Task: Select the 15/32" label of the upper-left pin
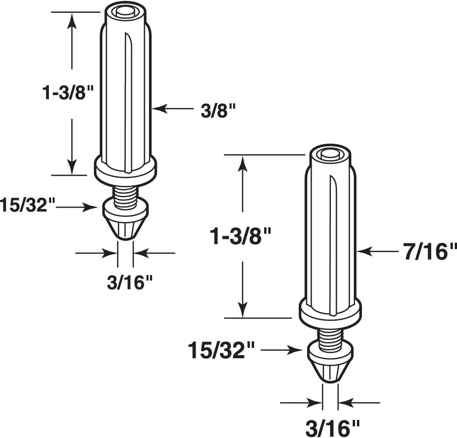click(27, 205)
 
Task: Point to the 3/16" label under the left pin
click(129, 283)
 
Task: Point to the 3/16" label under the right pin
click(333, 428)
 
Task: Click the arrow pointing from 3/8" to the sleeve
click(174, 108)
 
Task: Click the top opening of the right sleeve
click(330, 153)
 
